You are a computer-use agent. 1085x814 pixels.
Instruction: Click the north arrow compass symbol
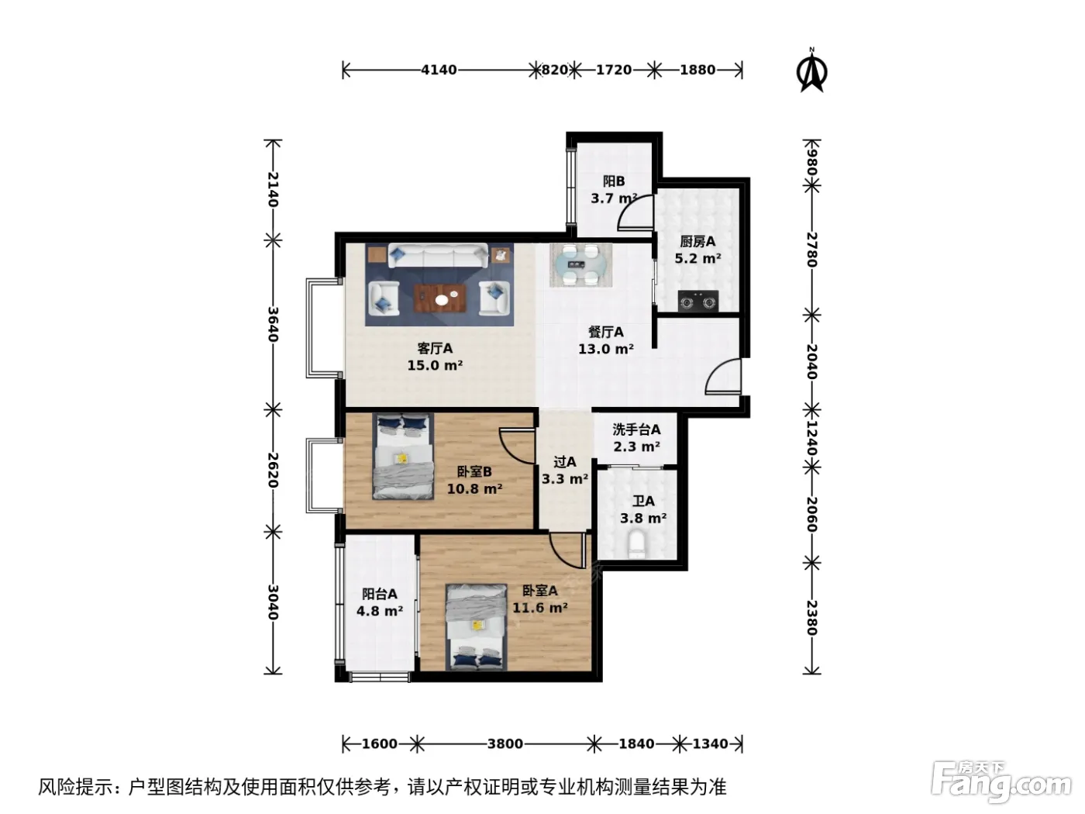point(811,71)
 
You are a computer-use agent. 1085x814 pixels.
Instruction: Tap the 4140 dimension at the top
point(439,71)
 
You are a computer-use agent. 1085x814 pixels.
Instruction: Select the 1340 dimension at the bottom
point(710,743)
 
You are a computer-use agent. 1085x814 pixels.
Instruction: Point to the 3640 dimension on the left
point(273,324)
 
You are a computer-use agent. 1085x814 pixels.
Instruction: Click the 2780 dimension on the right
point(811,250)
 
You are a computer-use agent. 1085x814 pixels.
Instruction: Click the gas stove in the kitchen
point(698,301)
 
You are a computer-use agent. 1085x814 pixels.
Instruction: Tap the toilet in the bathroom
point(636,544)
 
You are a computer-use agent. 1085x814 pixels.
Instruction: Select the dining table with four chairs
point(581,265)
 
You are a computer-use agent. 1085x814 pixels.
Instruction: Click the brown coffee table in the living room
point(440,298)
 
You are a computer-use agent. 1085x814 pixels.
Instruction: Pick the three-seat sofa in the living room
point(438,256)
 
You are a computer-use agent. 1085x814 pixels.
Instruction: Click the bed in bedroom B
point(403,456)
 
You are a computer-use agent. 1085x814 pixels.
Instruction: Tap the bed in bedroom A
point(477,627)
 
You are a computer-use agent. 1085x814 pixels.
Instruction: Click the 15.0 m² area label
point(435,366)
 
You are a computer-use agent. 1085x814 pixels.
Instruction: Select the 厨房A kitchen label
point(697,242)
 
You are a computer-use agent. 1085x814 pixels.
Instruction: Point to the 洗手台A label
point(637,429)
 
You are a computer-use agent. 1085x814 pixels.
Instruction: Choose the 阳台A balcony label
point(380,594)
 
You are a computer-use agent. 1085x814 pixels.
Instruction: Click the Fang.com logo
point(1001,785)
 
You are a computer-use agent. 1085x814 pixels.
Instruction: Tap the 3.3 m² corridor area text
point(565,479)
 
